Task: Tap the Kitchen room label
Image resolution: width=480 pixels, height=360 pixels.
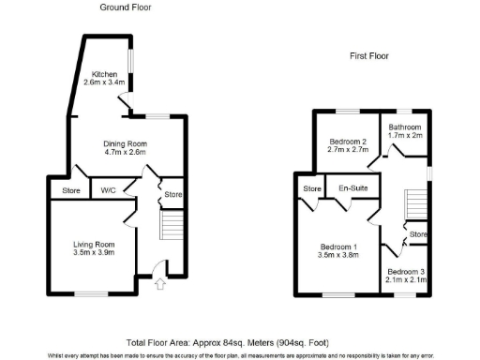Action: (x=104, y=73)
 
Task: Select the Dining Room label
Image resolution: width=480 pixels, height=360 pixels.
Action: (x=124, y=142)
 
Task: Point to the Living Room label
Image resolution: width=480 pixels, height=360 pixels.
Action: (x=94, y=246)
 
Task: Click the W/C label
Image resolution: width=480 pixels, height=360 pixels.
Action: (x=108, y=191)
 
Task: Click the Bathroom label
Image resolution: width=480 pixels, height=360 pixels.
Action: (x=406, y=127)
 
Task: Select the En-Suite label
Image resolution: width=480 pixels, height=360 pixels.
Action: (x=352, y=187)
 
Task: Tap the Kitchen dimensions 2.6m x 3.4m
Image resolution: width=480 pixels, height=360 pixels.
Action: (x=104, y=82)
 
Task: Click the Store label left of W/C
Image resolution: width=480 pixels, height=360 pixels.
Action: (x=70, y=191)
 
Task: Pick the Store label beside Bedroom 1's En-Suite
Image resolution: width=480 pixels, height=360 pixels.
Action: (x=311, y=188)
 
